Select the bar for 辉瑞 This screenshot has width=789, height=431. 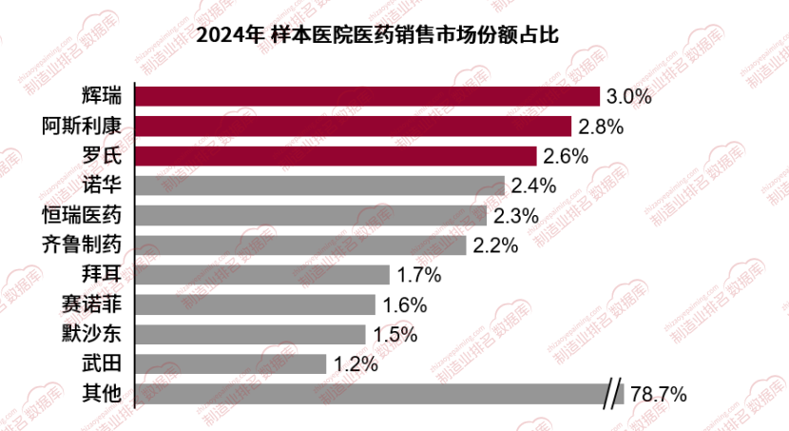(x=368, y=96)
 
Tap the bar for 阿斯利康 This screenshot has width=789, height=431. (x=354, y=126)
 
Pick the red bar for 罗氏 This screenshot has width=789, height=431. (x=337, y=155)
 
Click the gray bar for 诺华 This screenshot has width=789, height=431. (x=320, y=186)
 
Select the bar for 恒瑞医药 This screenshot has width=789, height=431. (x=312, y=215)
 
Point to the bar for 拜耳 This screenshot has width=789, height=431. (x=263, y=275)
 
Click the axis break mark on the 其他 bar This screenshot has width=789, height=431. (x=615, y=393)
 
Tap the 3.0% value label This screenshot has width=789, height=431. (x=628, y=97)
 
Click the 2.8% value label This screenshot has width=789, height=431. (x=600, y=127)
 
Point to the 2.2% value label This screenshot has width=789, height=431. (x=495, y=245)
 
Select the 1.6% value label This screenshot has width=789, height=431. (x=405, y=305)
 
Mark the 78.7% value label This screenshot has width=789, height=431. (x=657, y=394)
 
